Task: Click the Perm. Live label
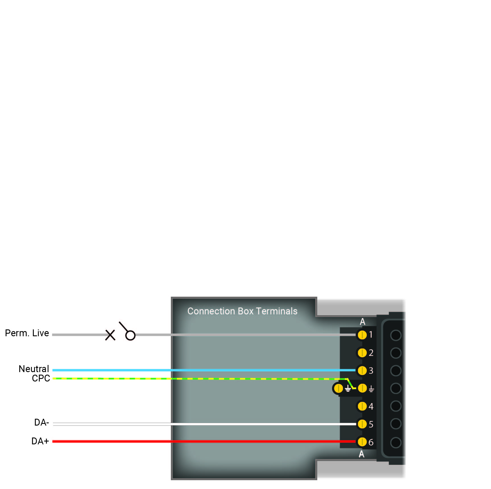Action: pyautogui.click(x=27, y=333)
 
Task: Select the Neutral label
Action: pyautogui.click(x=34, y=369)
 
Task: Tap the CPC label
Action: pyautogui.click(x=41, y=378)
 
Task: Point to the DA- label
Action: pyautogui.click(x=42, y=422)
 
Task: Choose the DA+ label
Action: pyautogui.click(x=40, y=441)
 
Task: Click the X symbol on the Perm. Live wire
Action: pyautogui.click(x=110, y=335)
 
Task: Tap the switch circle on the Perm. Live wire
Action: pyautogui.click(x=130, y=335)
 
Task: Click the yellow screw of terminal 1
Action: pyautogui.click(x=362, y=335)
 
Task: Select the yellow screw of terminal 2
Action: pyautogui.click(x=362, y=353)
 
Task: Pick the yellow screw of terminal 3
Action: pyautogui.click(x=362, y=371)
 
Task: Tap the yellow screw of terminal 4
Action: pyautogui.click(x=362, y=406)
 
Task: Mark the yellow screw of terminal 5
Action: pyautogui.click(x=362, y=424)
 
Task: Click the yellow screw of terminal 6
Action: pyautogui.click(x=362, y=442)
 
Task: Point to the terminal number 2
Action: pyautogui.click(x=371, y=353)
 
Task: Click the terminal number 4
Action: pyautogui.click(x=371, y=407)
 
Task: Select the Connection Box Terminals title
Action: pyautogui.click(x=243, y=311)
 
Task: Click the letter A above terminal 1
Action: pyautogui.click(x=362, y=322)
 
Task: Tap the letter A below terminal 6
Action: pyautogui.click(x=362, y=454)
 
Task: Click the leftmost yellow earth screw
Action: pyautogui.click(x=339, y=388)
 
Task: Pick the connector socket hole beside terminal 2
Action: pyautogui.click(x=396, y=353)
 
